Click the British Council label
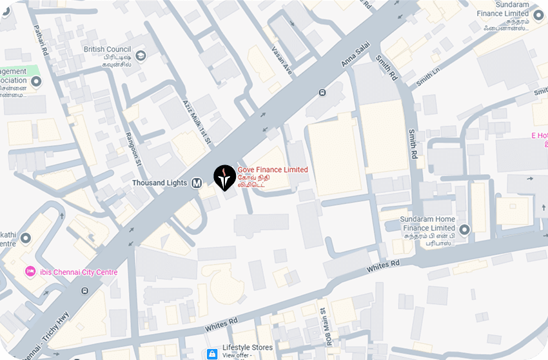pos(107,49)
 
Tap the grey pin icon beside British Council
pos(141,55)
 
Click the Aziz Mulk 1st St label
pos(197,120)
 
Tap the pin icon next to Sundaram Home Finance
pos(464,228)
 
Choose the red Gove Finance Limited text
pos(273,170)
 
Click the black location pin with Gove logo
pos(224,177)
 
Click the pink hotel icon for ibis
pos(29,272)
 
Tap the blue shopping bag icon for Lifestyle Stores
pos(211,354)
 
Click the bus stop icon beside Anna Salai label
pos(321,92)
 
